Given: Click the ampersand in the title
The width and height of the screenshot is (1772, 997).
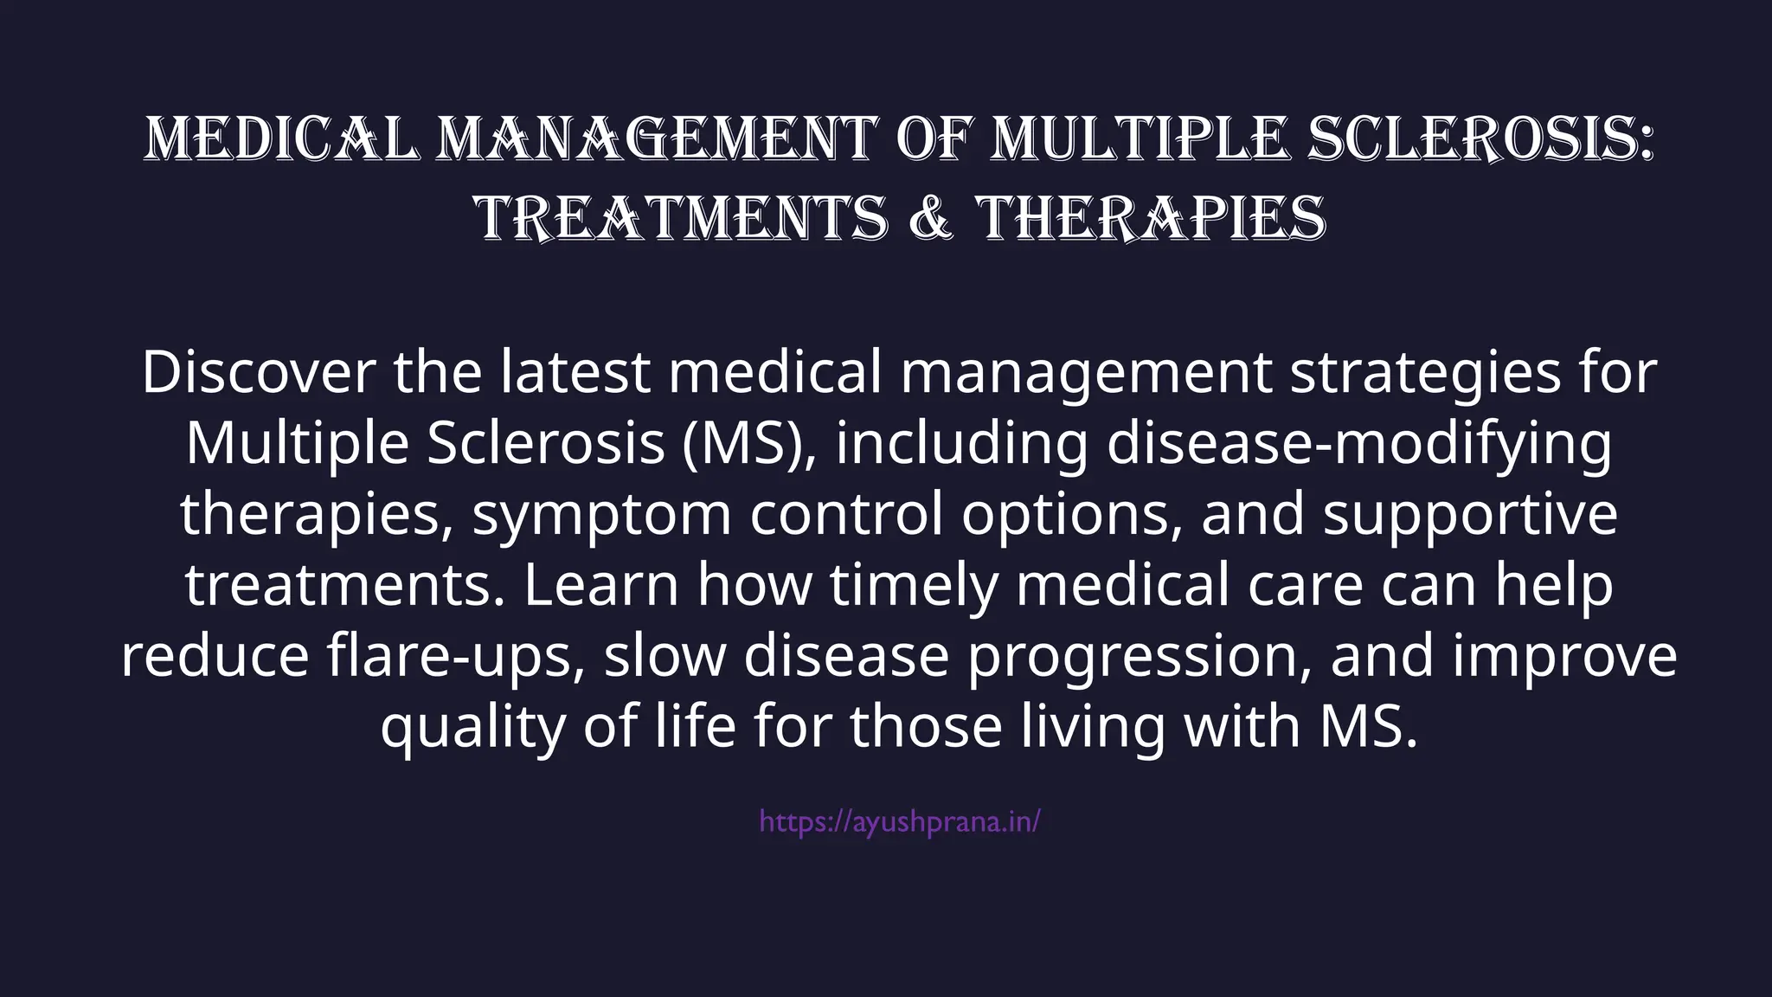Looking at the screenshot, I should pyautogui.click(x=933, y=217).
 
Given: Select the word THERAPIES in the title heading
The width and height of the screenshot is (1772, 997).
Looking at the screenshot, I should pyautogui.click(x=1152, y=217).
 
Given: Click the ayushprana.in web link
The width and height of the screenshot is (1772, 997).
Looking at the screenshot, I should pyautogui.click(x=900, y=821).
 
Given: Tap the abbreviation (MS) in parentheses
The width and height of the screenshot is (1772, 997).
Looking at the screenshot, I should pyautogui.click(x=749, y=443).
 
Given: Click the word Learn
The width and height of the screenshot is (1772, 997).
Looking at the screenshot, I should pyautogui.click(x=601, y=585).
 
